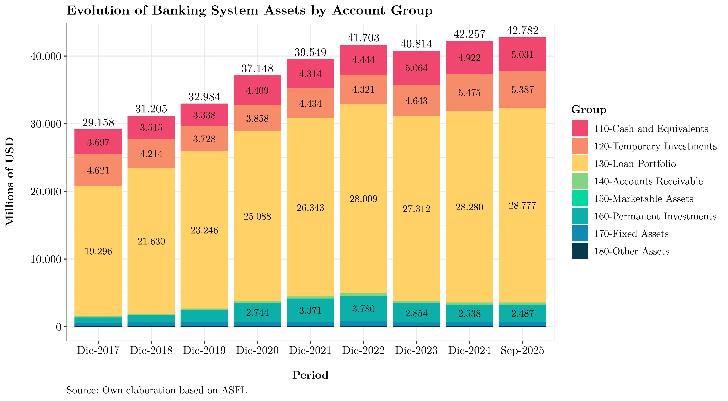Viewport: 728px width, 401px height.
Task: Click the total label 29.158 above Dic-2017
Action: click(x=98, y=123)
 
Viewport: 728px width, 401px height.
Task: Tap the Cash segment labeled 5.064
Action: click(x=416, y=68)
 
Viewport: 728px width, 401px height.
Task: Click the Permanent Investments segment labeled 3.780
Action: click(x=363, y=309)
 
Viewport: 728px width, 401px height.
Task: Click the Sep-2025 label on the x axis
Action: click(x=522, y=351)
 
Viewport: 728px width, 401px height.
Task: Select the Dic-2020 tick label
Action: click(x=257, y=351)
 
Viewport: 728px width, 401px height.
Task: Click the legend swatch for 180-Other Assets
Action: click(x=579, y=251)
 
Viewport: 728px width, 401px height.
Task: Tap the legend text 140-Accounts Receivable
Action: click(x=648, y=181)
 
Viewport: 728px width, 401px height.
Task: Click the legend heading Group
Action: click(x=589, y=110)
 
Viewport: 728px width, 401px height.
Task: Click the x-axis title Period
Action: click(x=310, y=375)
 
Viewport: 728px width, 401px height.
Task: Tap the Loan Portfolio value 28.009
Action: click(x=363, y=199)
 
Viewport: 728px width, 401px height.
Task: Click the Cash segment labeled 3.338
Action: click(x=204, y=115)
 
